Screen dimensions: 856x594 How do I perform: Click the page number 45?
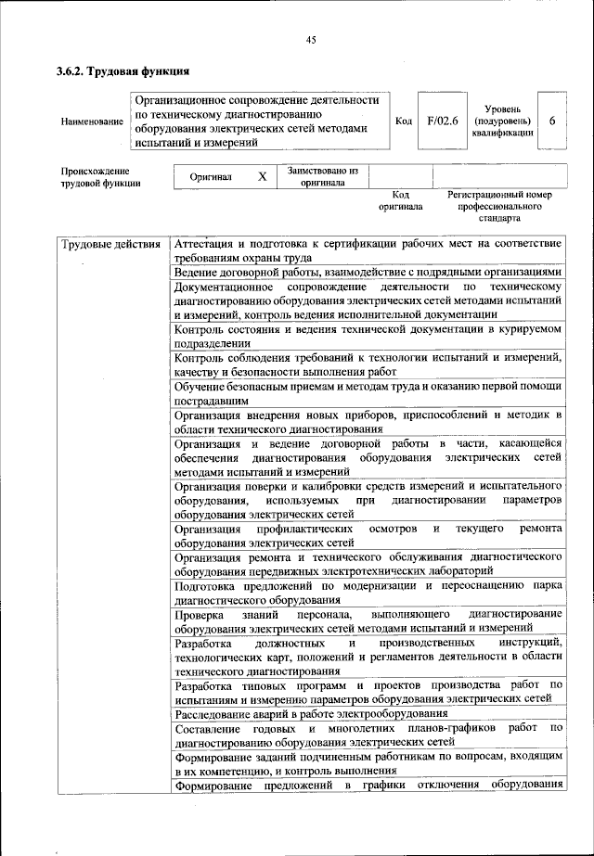click(x=311, y=39)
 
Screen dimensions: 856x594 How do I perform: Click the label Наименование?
click(x=91, y=121)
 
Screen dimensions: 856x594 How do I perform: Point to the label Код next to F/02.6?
click(x=404, y=121)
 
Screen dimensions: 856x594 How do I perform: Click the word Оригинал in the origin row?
click(x=211, y=176)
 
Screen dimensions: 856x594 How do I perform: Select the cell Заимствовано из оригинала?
click(x=322, y=176)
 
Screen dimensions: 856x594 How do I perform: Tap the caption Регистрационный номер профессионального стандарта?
click(x=499, y=207)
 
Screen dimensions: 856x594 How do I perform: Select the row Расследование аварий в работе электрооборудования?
click(x=311, y=713)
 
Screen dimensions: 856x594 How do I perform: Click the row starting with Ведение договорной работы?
click(x=368, y=272)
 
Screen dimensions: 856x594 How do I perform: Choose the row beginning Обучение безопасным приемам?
click(x=368, y=392)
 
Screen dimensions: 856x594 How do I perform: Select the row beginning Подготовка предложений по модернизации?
click(x=368, y=594)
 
